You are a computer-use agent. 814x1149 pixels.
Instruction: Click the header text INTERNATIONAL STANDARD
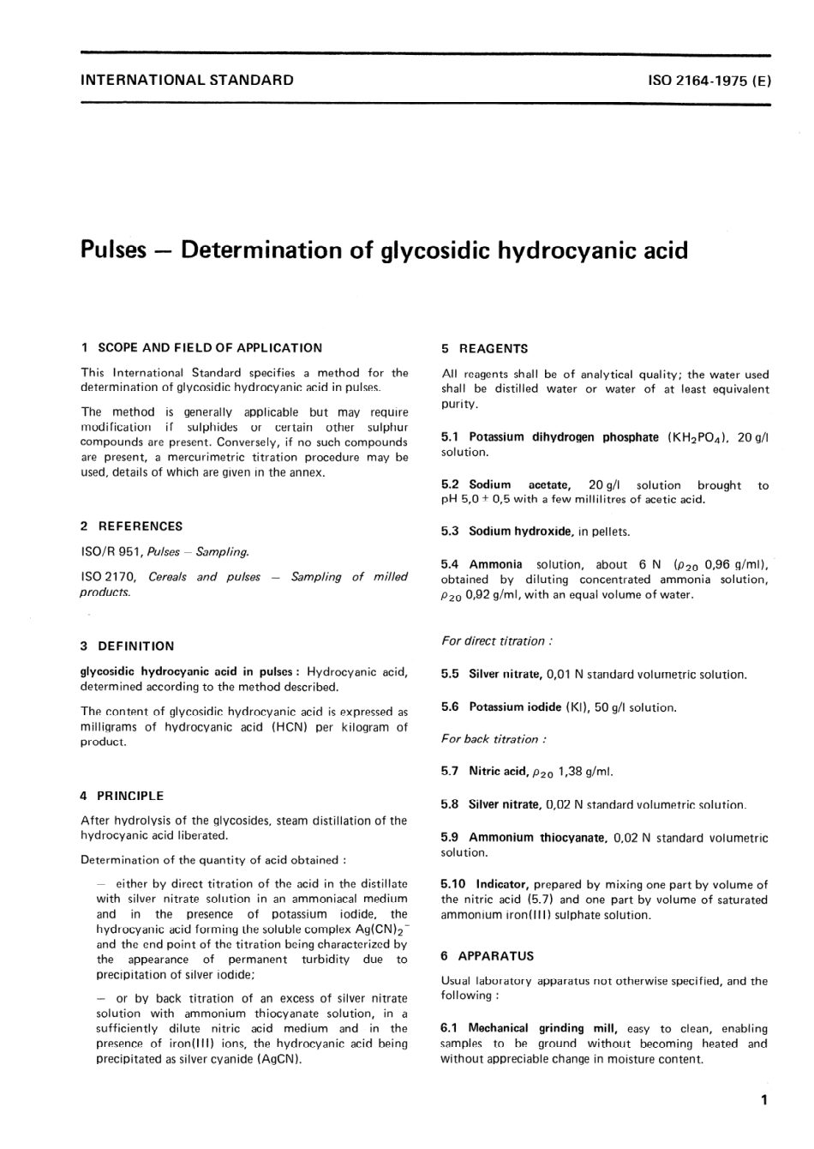pos(186,81)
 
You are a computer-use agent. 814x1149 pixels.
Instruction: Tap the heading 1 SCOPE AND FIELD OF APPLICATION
pos(201,348)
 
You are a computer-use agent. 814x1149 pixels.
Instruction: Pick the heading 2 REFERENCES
pos(131,526)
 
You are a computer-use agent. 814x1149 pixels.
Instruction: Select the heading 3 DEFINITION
pos(127,647)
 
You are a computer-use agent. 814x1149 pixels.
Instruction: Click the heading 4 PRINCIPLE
pos(122,796)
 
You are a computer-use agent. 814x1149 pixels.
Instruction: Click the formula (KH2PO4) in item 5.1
pos(697,437)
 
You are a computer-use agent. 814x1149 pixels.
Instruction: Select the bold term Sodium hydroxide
pos(520,532)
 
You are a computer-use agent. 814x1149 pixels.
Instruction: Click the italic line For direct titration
pos(496,641)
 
